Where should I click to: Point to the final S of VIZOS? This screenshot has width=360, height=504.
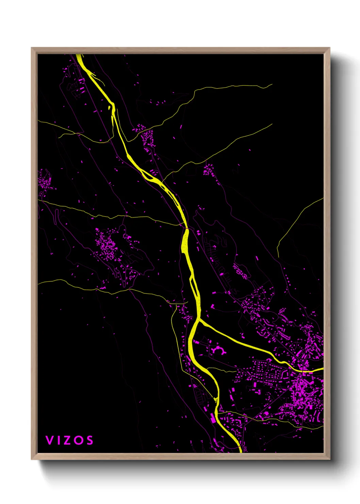pos(90,440)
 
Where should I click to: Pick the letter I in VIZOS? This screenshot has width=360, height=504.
pos(58,440)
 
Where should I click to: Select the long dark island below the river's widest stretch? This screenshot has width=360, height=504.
pos(194,288)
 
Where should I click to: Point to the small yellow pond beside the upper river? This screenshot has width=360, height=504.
pos(110,108)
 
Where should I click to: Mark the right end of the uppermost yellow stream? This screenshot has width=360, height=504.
pos(271,85)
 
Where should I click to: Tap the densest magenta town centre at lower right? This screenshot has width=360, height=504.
pos(303,392)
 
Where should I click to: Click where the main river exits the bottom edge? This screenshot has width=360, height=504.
pos(240,452)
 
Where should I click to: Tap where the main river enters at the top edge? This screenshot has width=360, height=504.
pos(79,55)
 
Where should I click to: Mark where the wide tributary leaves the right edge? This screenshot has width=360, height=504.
pos(322,369)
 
